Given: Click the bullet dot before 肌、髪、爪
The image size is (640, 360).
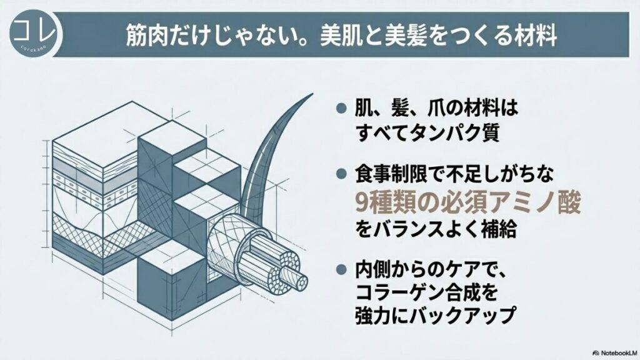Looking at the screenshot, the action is [x=341, y=109].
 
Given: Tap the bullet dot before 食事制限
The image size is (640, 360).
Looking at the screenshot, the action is [x=341, y=174].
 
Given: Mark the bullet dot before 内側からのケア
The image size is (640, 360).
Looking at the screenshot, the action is [x=341, y=269].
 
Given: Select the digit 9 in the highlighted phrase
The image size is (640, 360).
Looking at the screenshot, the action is [x=362, y=202].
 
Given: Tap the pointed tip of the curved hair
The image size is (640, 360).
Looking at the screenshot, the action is [x=312, y=94].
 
